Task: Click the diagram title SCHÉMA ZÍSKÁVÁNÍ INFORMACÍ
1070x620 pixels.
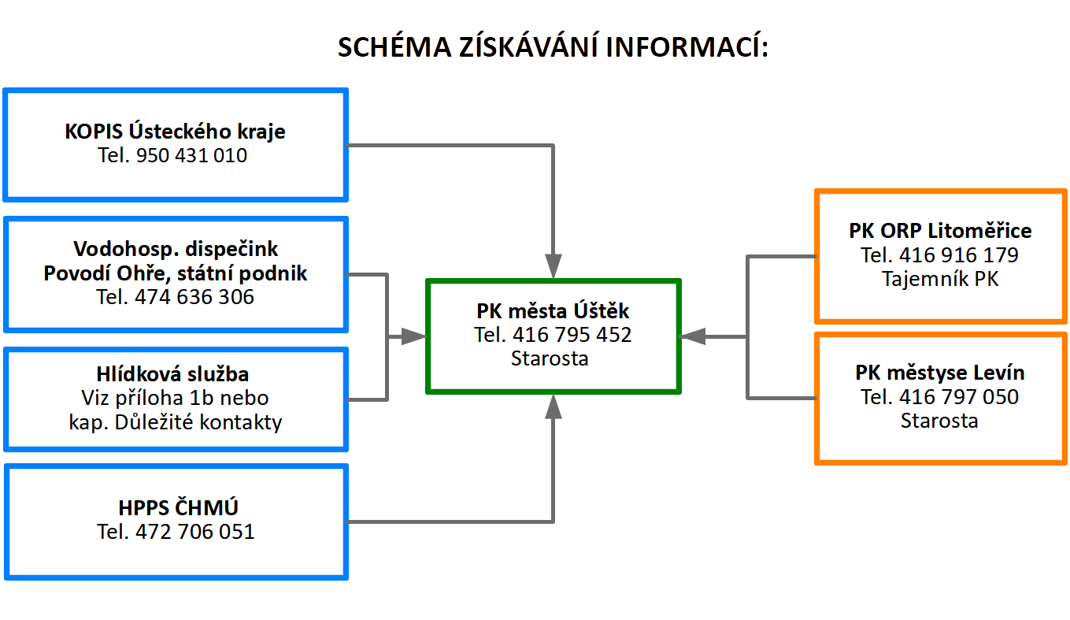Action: pos(553,47)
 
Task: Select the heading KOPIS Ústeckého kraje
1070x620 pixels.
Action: pos(175,132)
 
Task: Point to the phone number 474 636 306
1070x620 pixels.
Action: pos(195,297)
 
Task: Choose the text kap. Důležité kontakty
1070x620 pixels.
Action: pos(176,421)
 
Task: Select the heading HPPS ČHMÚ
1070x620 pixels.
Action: pos(176,507)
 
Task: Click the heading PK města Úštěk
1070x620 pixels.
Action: pos(553,310)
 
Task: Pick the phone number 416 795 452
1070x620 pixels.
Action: pos(572,335)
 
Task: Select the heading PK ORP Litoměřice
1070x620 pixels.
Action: pos(940,231)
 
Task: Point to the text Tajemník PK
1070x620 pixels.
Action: pos(940,279)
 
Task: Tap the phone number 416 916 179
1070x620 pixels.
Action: pos(959,255)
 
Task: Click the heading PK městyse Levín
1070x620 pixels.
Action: pos(940,372)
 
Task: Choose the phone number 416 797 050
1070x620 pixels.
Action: pos(959,396)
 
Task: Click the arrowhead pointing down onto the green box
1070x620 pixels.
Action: pos(554,265)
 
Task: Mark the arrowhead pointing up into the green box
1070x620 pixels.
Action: pos(554,407)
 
